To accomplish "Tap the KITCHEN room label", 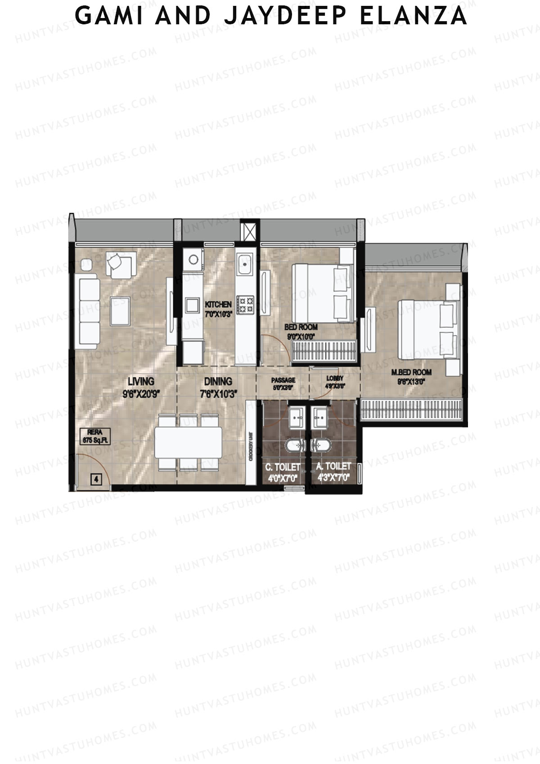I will tap(218, 305).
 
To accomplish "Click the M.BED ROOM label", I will tap(411, 372).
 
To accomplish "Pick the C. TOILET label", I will tap(283, 467).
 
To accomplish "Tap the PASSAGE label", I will tap(283, 380).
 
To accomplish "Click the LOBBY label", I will tap(335, 379).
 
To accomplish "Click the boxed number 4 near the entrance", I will tap(96, 479).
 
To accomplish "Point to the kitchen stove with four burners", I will tap(246, 304).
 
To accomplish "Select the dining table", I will tap(188, 442).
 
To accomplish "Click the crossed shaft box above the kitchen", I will tap(249, 231).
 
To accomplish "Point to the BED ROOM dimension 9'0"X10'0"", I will tap(301, 336).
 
